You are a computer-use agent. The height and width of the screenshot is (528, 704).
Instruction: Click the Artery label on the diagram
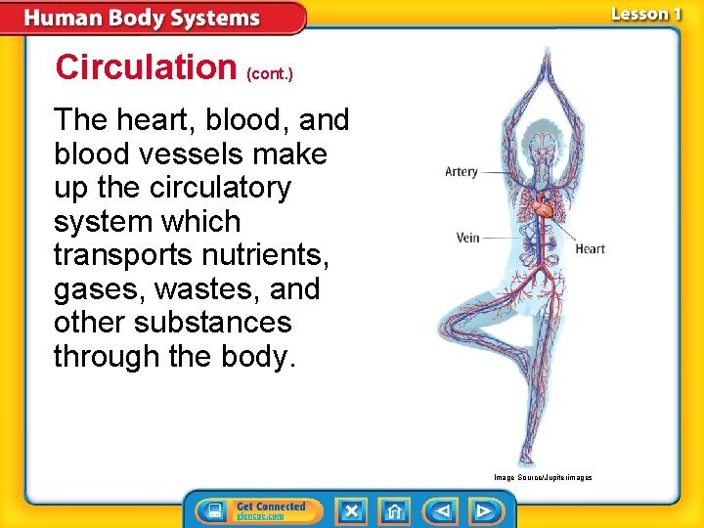click(x=462, y=172)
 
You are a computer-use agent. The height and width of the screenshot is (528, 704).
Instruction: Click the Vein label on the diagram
click(x=468, y=238)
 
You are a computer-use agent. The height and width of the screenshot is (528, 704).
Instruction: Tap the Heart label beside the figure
click(x=590, y=248)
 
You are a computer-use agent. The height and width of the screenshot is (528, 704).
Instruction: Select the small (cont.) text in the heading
click(x=270, y=72)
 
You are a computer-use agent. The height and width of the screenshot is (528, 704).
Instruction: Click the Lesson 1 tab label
click(x=645, y=14)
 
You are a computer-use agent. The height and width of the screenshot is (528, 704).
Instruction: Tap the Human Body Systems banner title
click(x=143, y=19)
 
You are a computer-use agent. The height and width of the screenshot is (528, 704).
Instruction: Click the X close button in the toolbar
click(x=352, y=510)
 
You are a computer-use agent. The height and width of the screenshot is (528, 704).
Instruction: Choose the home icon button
click(x=395, y=510)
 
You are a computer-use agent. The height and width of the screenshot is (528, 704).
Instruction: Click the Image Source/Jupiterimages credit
click(x=543, y=477)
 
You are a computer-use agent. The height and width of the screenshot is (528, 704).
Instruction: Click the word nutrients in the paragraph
click(x=267, y=255)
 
